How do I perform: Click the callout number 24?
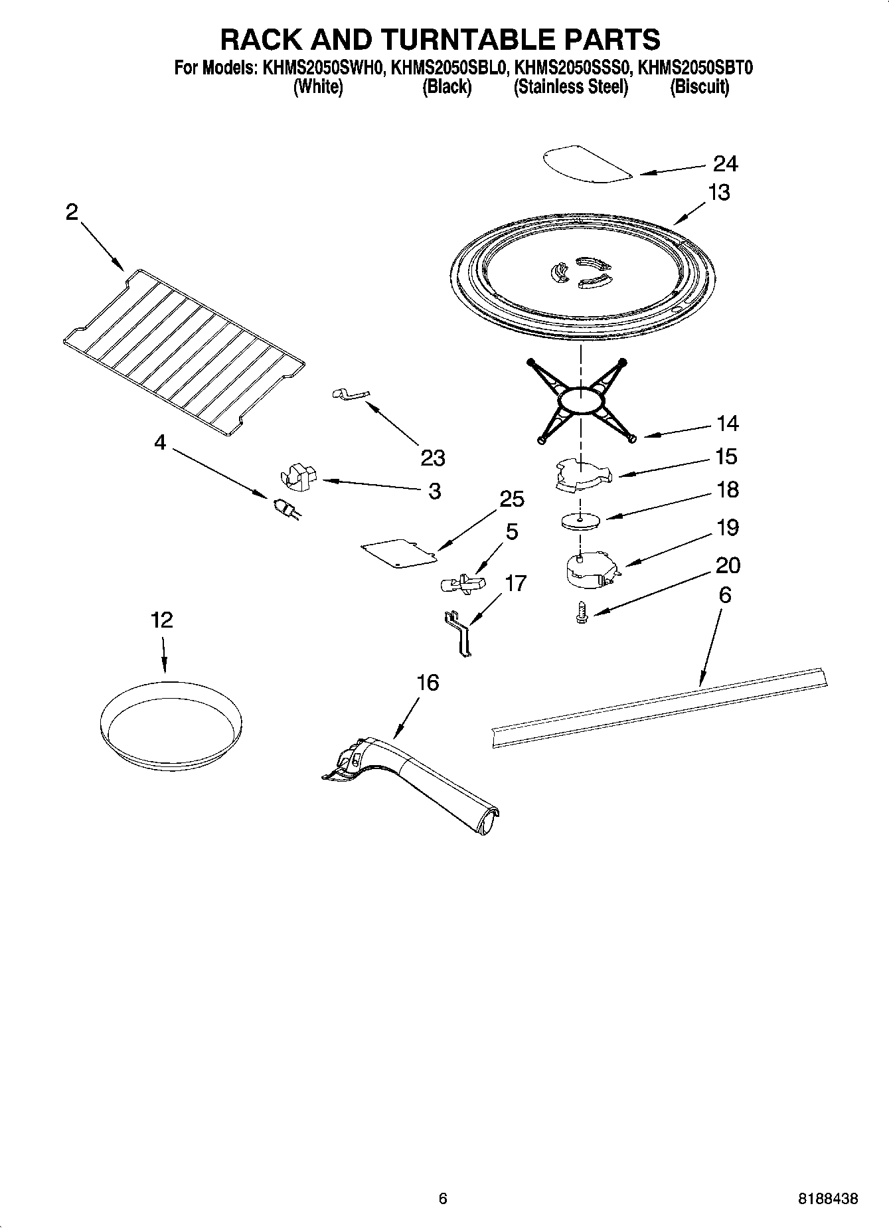726,163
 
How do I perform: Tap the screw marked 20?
582,612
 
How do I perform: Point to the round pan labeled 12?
169,721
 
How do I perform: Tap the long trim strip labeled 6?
659,707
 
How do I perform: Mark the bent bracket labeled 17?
459,634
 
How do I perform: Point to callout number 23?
433,458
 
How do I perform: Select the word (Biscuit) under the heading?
699,87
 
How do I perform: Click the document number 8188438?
828,1199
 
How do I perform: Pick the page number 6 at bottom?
443,1198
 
